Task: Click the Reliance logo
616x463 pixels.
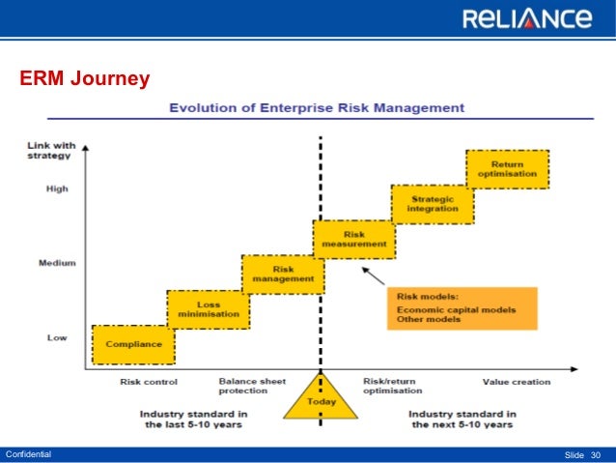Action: coord(526,18)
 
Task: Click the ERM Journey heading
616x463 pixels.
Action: coord(85,78)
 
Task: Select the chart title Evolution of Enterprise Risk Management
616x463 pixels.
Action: coord(317,107)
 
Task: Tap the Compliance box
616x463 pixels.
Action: coord(133,344)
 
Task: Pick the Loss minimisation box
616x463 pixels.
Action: coord(208,309)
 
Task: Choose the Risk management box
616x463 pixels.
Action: coord(283,274)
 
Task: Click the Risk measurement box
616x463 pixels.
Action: coord(353,239)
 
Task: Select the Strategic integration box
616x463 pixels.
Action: coord(433,204)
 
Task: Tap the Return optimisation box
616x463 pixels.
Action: coord(507,169)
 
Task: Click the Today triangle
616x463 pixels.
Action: coord(321,398)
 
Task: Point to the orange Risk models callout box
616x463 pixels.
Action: coord(462,307)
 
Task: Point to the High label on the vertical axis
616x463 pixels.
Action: coord(57,188)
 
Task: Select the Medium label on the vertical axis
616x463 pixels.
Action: coord(58,263)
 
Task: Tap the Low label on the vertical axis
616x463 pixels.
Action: coord(57,337)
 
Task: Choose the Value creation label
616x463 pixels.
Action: coord(517,382)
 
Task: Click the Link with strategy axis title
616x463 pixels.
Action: coord(49,151)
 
